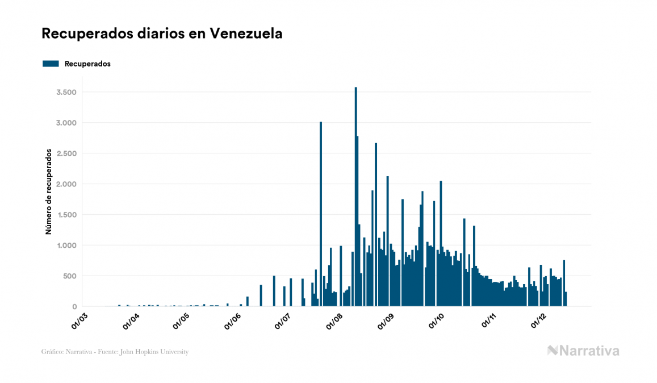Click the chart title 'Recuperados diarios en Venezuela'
(x=162, y=34)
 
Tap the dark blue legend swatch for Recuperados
(x=51, y=64)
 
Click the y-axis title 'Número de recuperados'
(x=49, y=192)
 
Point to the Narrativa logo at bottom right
(x=583, y=351)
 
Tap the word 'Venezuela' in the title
(x=246, y=34)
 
